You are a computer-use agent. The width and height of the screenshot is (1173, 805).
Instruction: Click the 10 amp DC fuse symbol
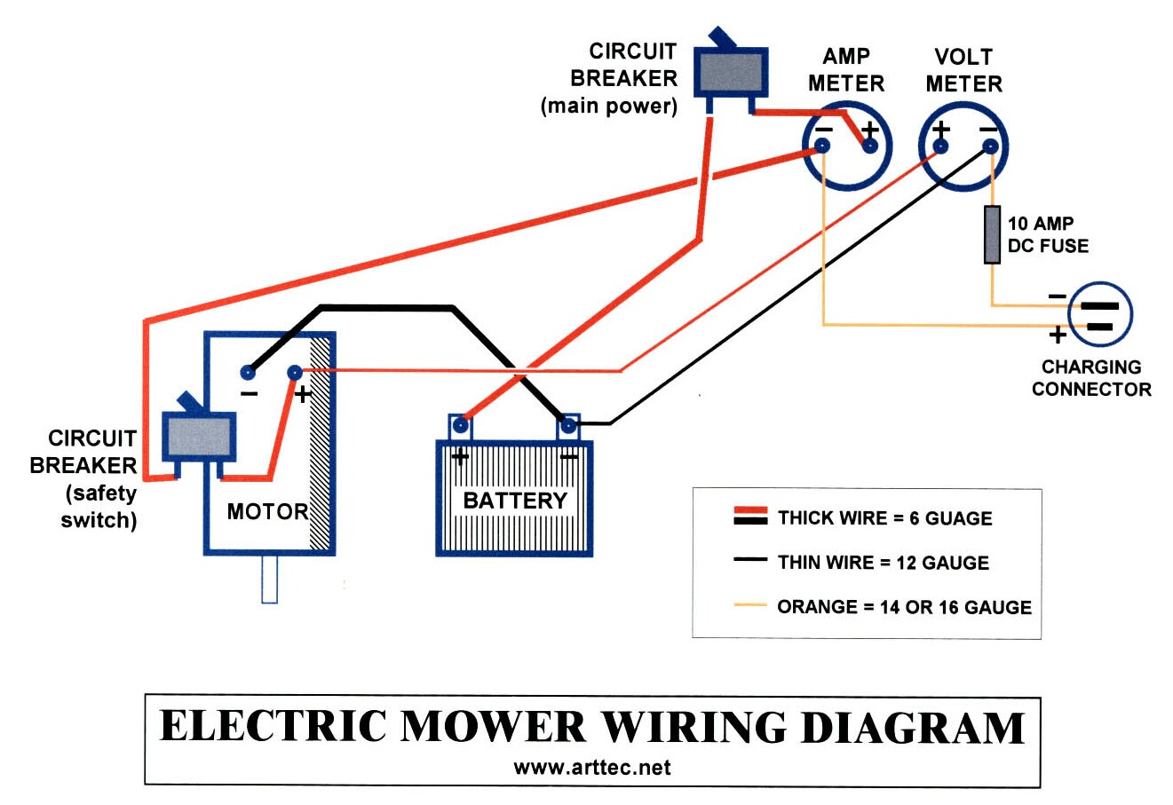tap(992, 234)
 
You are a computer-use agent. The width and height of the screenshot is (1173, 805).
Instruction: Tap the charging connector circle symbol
tap(1099, 314)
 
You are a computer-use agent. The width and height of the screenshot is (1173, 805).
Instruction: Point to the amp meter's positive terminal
tap(870, 145)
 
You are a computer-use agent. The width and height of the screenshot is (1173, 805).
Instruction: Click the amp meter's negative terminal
tap(823, 145)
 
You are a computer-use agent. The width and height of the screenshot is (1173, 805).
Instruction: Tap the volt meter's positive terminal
tap(940, 146)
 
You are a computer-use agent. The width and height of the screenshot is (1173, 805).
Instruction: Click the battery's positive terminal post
tap(460, 427)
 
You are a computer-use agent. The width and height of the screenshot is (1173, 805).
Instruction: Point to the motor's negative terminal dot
tap(249, 373)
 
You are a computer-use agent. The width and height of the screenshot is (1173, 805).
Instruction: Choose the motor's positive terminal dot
tap(294, 373)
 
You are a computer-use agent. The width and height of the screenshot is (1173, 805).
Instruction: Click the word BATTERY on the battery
tap(515, 501)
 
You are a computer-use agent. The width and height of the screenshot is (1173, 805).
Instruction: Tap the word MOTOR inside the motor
tap(266, 511)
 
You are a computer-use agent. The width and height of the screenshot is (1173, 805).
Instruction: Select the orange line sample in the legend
tap(749, 607)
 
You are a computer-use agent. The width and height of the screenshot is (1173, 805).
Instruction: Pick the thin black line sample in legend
tap(749, 561)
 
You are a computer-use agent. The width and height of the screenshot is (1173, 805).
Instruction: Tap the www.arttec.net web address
tap(592, 768)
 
